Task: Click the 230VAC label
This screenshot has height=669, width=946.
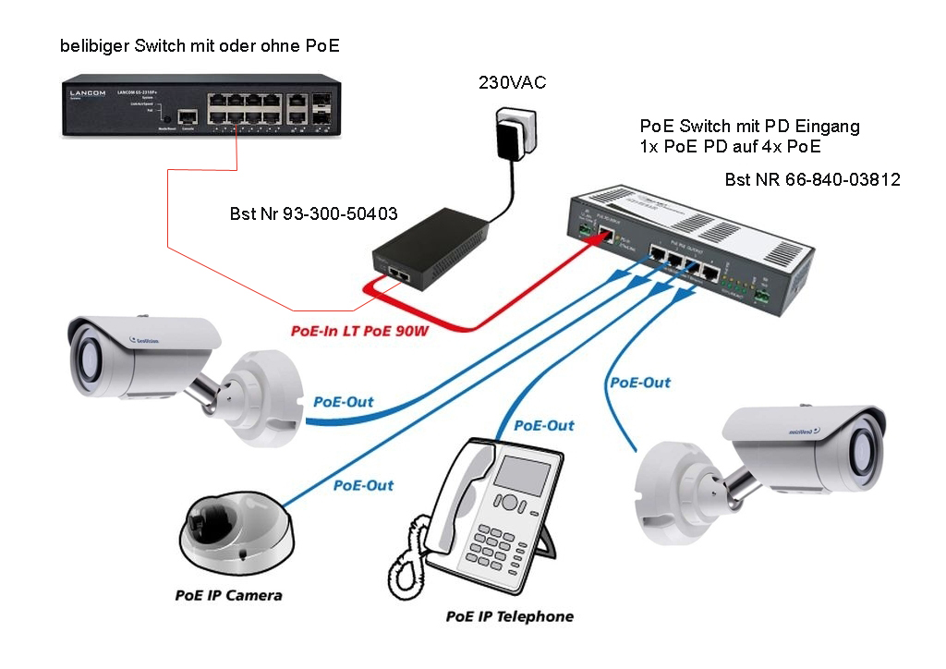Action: tap(512, 82)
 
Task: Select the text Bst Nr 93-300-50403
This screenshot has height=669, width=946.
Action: tap(313, 214)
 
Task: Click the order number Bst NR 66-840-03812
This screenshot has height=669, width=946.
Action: tap(812, 180)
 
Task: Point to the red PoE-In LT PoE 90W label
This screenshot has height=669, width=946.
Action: tap(354, 330)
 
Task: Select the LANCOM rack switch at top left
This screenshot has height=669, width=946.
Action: tap(200, 108)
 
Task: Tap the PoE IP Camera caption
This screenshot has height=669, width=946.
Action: tap(228, 595)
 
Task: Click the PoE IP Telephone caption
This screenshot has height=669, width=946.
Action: tap(509, 616)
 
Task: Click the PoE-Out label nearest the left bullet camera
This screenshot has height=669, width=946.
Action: tap(344, 402)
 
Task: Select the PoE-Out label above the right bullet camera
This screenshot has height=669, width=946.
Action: tap(639, 382)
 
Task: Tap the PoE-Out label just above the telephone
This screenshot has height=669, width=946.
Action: tap(543, 426)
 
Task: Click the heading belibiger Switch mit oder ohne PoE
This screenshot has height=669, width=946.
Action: tap(193, 45)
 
